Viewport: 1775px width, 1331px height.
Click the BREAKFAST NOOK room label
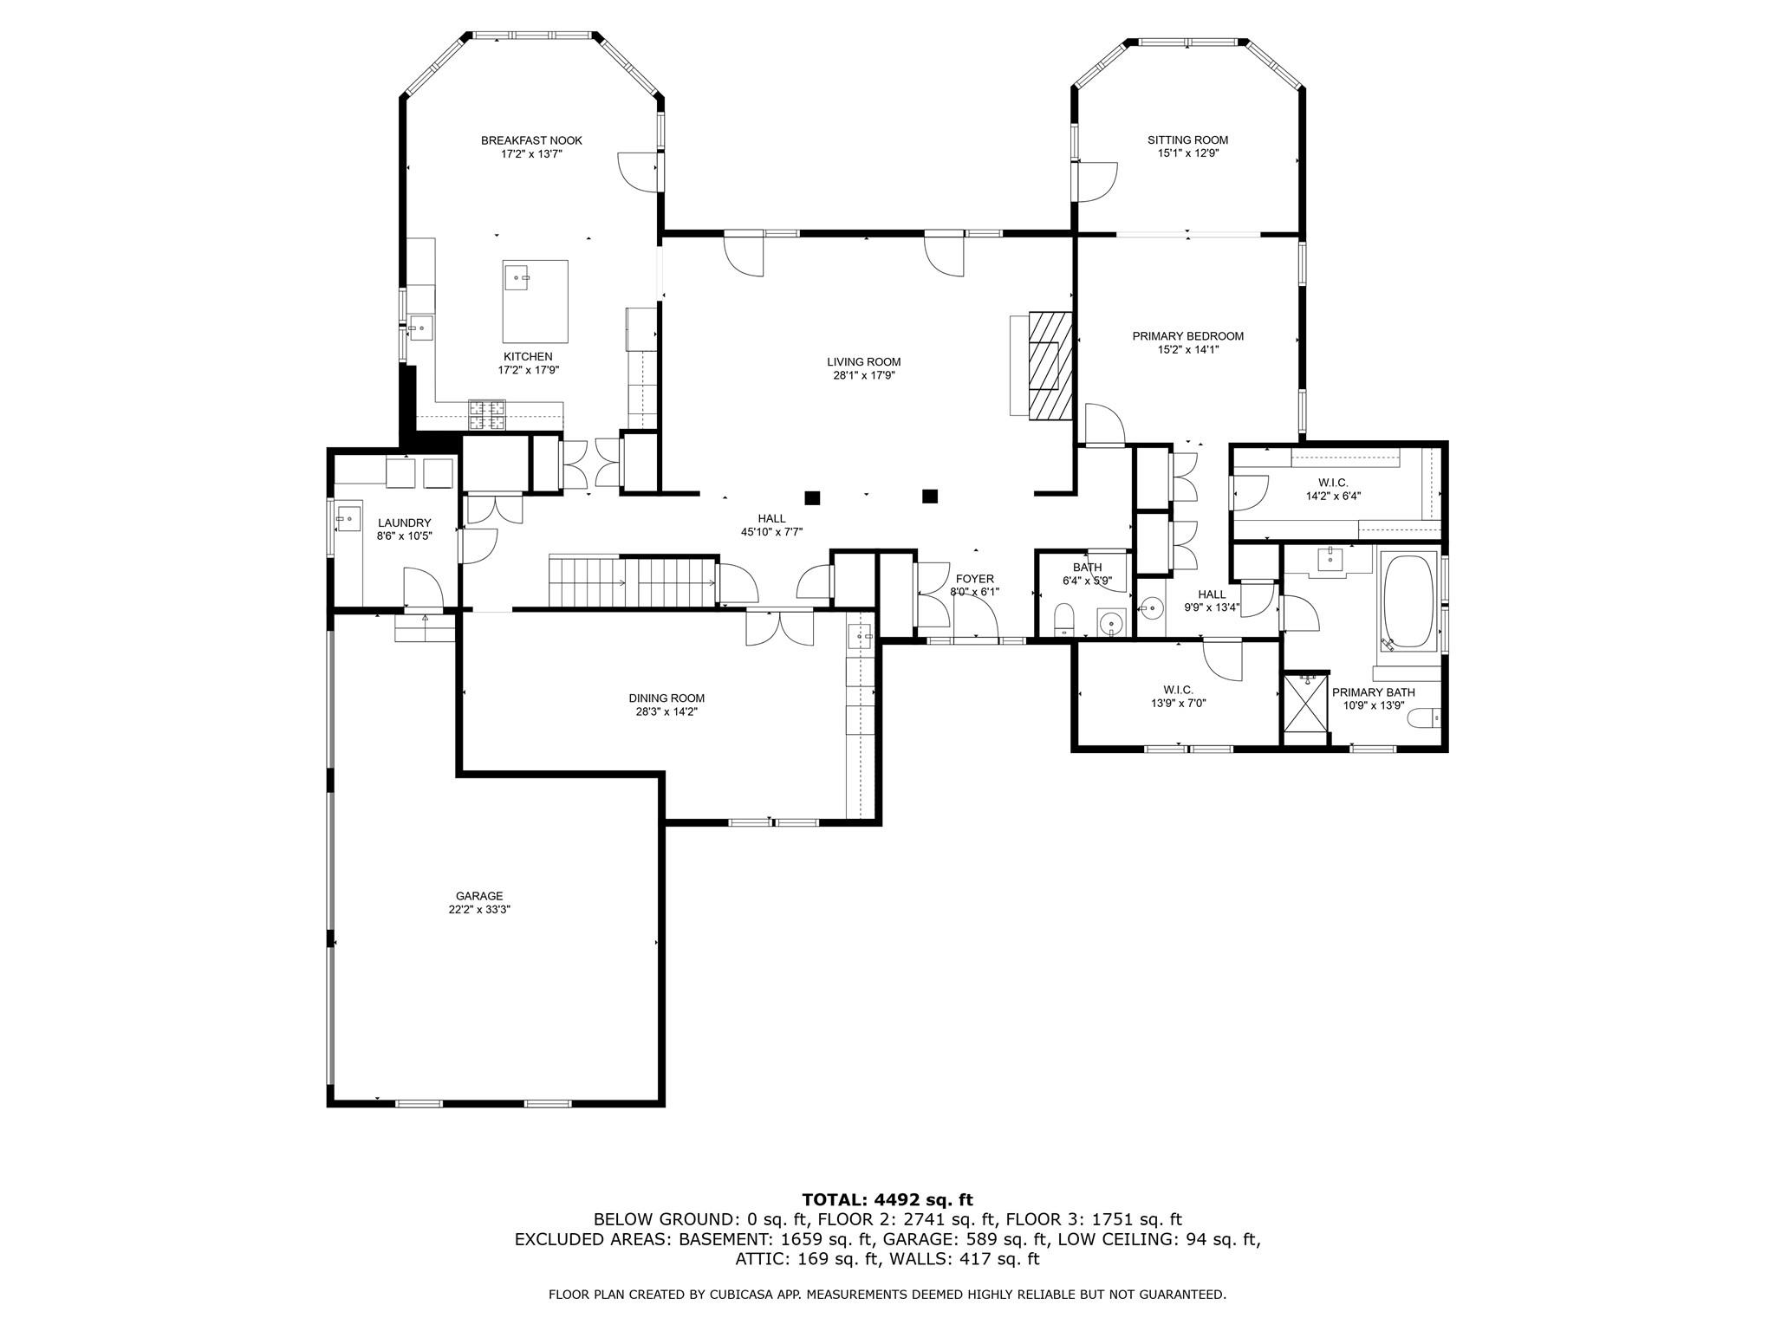pyautogui.click(x=531, y=140)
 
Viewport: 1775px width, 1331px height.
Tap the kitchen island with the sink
pyautogui.click(x=536, y=302)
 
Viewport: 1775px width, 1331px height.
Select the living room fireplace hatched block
pyautogui.click(x=1050, y=367)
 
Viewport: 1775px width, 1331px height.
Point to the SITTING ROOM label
pyautogui.click(x=1187, y=140)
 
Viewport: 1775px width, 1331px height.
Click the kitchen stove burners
pyautogui.click(x=487, y=414)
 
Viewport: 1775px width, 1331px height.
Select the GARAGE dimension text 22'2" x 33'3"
pyautogui.click(x=479, y=910)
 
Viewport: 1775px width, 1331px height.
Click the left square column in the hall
pyautogui.click(x=812, y=497)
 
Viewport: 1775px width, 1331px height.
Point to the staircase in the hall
pyautogui.click(x=631, y=582)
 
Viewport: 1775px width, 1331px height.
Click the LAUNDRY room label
pyautogui.click(x=404, y=523)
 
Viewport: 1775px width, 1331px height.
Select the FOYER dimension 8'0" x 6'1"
pyautogui.click(x=974, y=593)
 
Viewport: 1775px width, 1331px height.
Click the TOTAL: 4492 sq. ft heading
pyautogui.click(x=887, y=1199)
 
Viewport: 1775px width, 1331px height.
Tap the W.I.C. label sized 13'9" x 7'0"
pyautogui.click(x=1179, y=690)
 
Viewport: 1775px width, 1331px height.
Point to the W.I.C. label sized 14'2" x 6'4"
pyautogui.click(x=1333, y=483)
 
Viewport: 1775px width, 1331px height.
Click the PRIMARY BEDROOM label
pyautogui.click(x=1187, y=336)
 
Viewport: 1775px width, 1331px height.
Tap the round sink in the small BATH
pyautogui.click(x=1110, y=621)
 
